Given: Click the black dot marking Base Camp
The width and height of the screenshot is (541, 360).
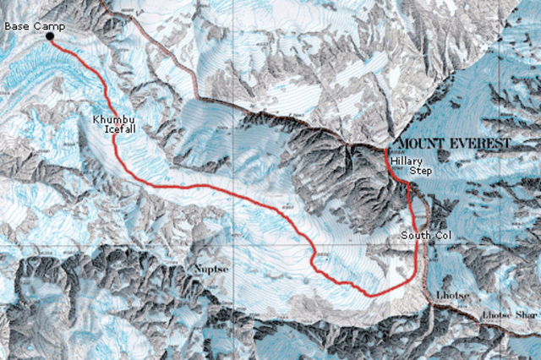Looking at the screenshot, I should [50, 35].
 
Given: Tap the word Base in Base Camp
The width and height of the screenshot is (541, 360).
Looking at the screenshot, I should [16, 26].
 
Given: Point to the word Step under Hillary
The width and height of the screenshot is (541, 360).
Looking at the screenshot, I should [420, 171].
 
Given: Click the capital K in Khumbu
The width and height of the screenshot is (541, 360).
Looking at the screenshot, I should [98, 123].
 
